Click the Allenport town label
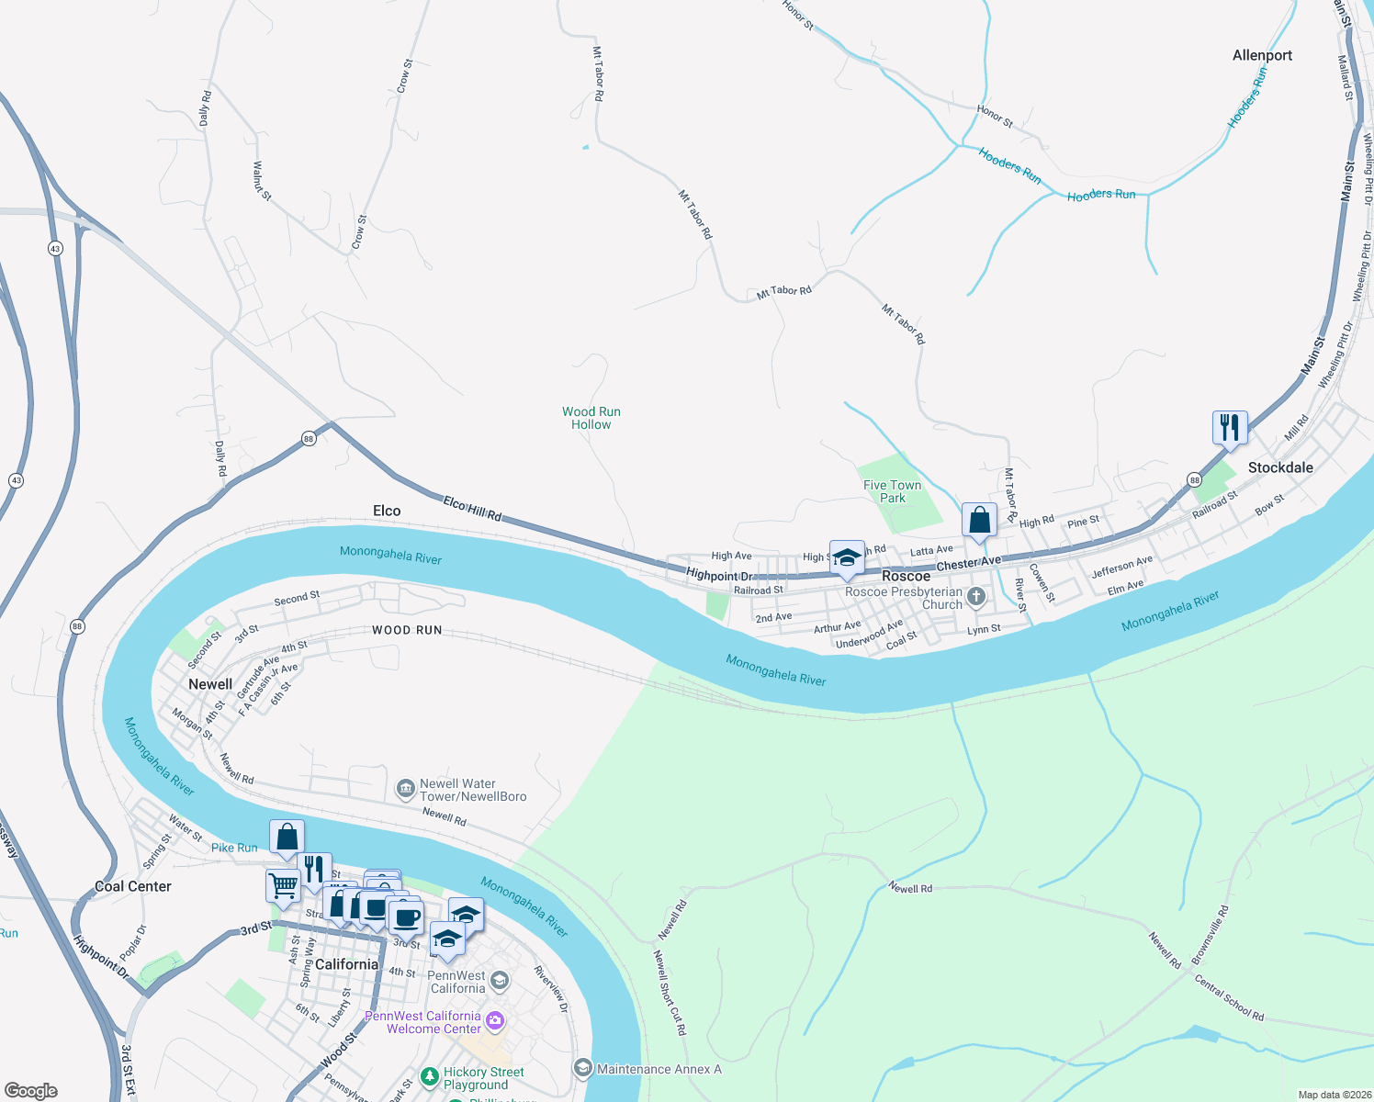coord(1262,56)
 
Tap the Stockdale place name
coord(1280,467)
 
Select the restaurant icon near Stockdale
coord(1230,428)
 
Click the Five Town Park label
coord(892,491)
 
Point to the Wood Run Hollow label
coord(591,419)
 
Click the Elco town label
coord(387,511)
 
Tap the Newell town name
coord(210,684)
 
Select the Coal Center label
coord(133,886)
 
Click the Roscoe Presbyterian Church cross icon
coord(976,598)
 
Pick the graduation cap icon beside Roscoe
coord(847,557)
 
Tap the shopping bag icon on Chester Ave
coord(980,521)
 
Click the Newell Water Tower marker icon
coord(405,789)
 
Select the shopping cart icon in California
coord(283,886)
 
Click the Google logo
coord(30,1091)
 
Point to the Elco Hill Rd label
coord(472,509)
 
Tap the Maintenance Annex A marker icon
coord(582,1068)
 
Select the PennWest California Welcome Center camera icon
coord(495,1021)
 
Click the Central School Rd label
coord(1229,997)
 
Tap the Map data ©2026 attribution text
coord(1331,1095)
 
